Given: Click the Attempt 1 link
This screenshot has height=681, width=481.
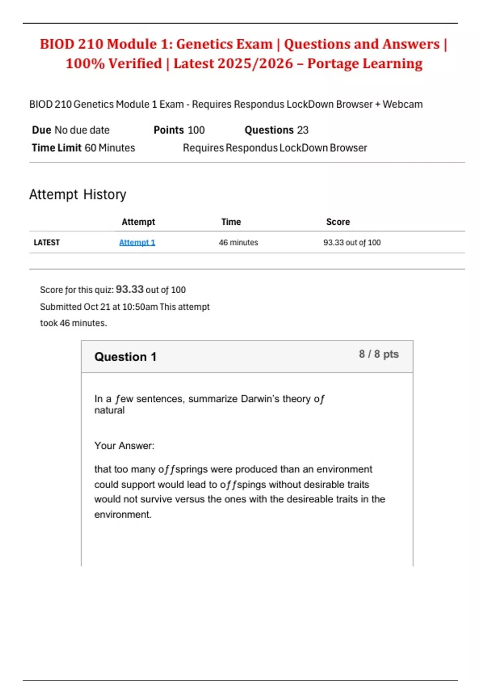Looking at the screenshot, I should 137,242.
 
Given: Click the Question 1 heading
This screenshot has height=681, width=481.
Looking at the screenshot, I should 125,357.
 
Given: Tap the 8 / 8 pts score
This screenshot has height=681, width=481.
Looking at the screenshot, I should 379,354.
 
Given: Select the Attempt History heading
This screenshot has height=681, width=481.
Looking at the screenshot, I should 78,194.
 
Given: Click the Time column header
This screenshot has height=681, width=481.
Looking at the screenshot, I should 231,222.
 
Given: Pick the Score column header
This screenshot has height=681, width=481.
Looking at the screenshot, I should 338,222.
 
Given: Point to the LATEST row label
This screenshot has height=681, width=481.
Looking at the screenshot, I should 46,242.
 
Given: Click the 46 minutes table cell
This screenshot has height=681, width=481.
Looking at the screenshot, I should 238,242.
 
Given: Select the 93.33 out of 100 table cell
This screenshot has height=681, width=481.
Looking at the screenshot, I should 352,242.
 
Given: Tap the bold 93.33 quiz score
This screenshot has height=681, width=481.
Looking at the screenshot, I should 129,289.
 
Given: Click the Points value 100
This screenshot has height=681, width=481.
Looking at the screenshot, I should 196,130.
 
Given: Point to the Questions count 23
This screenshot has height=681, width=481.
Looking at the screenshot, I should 303,130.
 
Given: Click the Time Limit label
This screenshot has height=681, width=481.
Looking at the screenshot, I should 57,148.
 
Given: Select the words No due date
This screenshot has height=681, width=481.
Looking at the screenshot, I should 82,130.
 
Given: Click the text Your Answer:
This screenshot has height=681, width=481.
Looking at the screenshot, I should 124,445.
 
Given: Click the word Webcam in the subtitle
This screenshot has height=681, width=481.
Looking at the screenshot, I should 402,105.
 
